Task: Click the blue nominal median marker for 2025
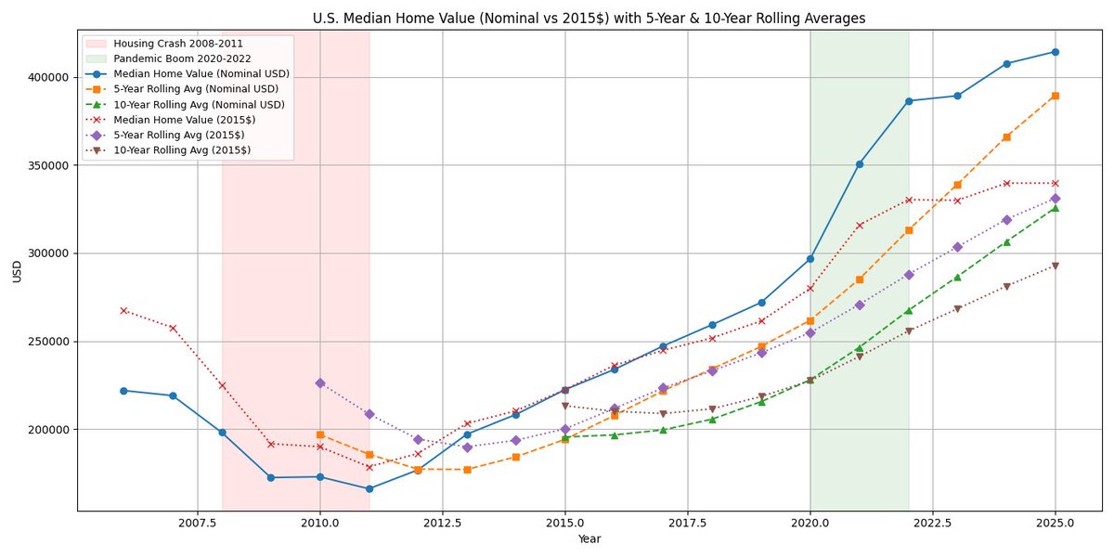(x=1056, y=52)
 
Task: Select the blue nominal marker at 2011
(x=369, y=489)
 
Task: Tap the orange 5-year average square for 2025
(x=1056, y=96)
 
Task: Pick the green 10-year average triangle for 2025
(x=1056, y=208)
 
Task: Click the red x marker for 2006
(x=123, y=310)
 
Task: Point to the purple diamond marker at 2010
(x=319, y=382)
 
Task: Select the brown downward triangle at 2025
(x=1056, y=266)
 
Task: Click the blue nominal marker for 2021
(x=860, y=164)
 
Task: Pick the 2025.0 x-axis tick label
(x=1056, y=524)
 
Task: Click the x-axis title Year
(x=589, y=539)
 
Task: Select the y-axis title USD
(x=17, y=270)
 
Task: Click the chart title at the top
(x=589, y=18)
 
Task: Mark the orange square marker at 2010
(x=319, y=434)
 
